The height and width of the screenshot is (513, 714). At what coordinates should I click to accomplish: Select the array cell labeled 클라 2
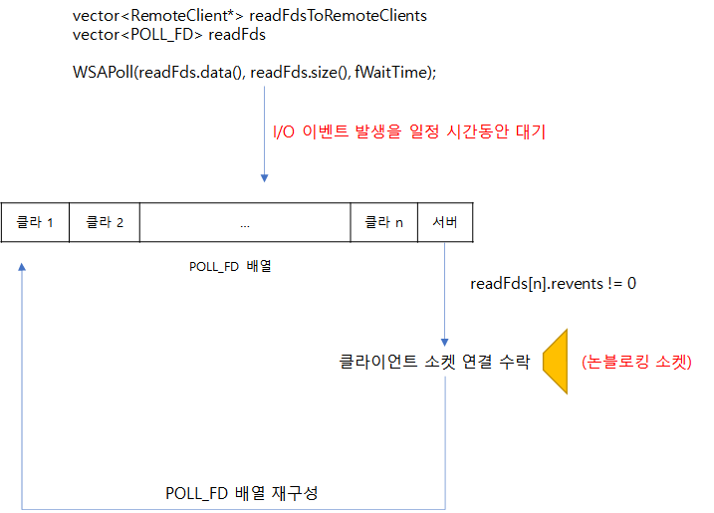click(105, 222)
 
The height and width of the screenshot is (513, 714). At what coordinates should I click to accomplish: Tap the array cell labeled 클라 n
click(383, 222)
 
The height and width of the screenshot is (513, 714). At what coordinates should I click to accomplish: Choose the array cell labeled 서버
click(445, 222)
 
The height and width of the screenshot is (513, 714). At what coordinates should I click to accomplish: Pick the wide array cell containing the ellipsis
click(245, 222)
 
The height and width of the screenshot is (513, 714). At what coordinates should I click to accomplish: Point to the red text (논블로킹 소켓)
click(635, 362)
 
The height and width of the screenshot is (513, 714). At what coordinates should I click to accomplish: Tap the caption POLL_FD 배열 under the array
click(230, 266)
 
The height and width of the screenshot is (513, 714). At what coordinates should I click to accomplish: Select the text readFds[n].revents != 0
click(553, 284)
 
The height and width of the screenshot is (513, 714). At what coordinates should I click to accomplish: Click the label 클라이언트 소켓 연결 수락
click(434, 361)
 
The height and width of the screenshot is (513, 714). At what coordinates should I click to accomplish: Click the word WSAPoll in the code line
click(103, 73)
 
